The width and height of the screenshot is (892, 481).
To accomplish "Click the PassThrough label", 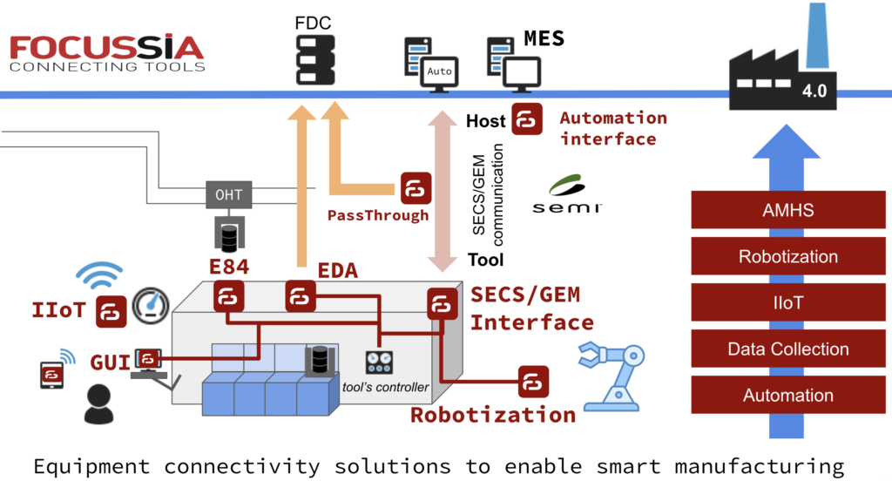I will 378,215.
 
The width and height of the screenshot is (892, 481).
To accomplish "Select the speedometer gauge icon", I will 152,306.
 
